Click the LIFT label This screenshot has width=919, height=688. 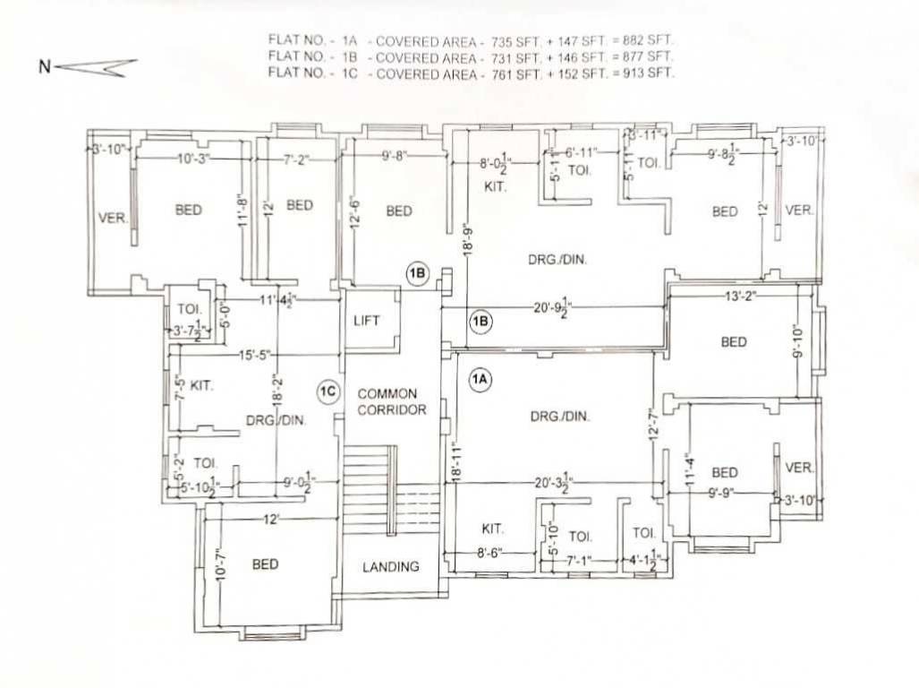click(x=368, y=320)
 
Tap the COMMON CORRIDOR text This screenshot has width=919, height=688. click(x=388, y=401)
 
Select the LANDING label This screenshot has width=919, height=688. click(x=391, y=566)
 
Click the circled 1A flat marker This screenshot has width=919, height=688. click(x=481, y=380)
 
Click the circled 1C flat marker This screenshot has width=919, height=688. click(x=328, y=391)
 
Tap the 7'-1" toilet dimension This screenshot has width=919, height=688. click(x=580, y=561)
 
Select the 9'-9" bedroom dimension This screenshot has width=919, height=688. click(x=723, y=492)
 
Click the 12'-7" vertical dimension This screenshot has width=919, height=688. click(x=652, y=422)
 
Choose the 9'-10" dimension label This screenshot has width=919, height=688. click(x=798, y=341)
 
